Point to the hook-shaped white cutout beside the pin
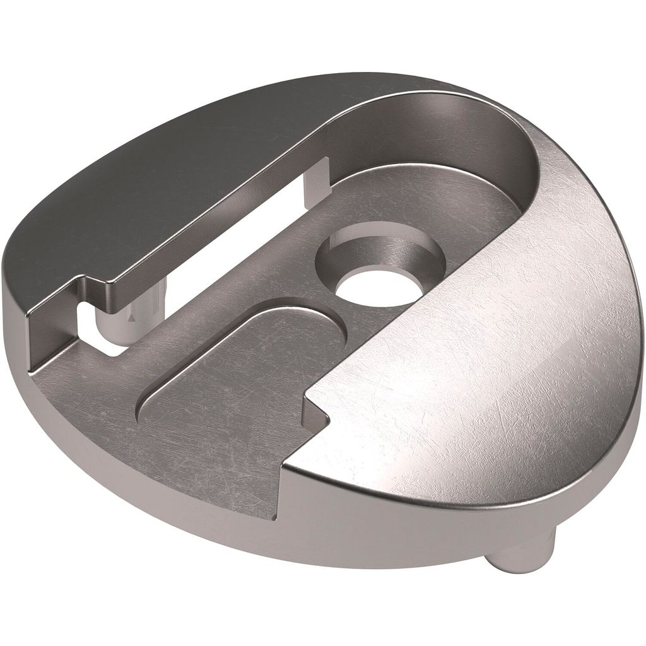coord(95,328)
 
